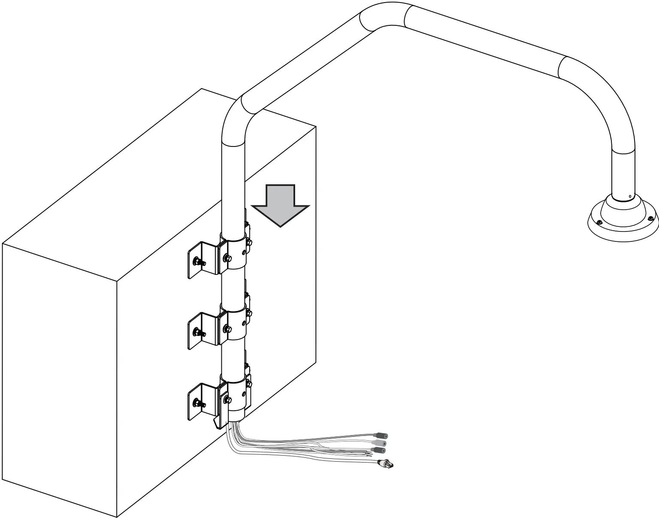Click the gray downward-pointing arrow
point(280,205)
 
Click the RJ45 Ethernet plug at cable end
point(385,463)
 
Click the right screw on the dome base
point(651,219)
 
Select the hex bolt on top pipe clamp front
point(227,259)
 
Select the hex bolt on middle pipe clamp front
point(227,329)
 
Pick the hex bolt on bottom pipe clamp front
point(227,401)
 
